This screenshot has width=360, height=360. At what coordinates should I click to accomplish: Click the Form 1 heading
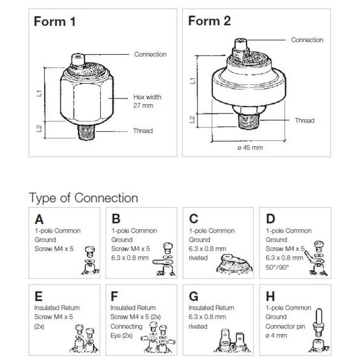55,23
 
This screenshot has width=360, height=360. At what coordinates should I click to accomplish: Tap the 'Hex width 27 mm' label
147,100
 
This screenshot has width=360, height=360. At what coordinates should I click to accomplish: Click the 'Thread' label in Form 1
143,131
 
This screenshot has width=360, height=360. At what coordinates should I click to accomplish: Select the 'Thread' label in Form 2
304,120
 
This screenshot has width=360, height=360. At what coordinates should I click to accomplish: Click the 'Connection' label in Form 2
307,40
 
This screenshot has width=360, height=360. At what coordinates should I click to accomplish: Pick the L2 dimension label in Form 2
192,119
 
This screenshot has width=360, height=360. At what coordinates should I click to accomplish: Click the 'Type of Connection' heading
83,198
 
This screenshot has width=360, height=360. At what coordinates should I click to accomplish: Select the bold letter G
193,296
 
